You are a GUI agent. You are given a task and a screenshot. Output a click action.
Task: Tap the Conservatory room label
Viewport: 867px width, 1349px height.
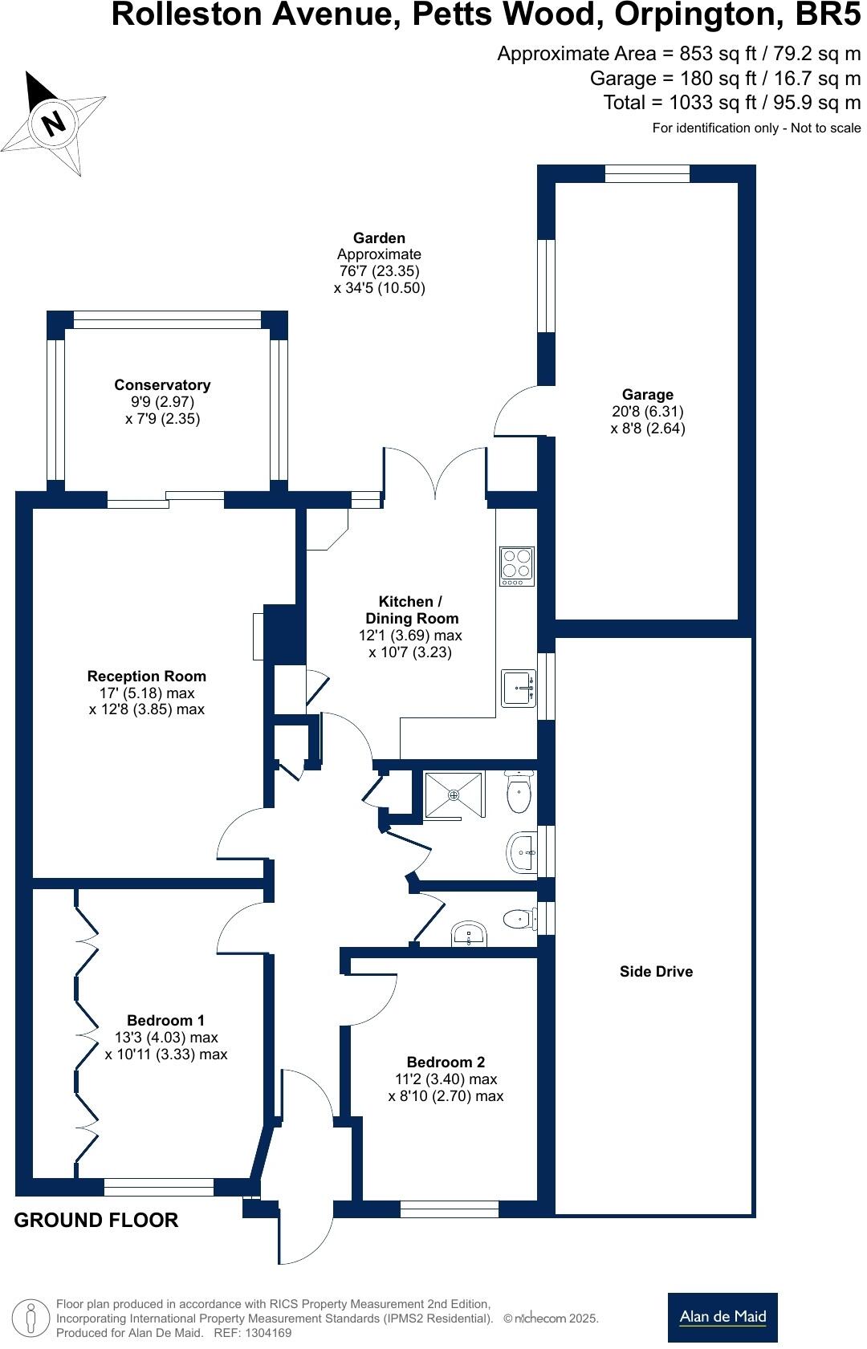click(x=162, y=385)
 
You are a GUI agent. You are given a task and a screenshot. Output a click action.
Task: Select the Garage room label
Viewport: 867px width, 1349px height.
click(x=648, y=395)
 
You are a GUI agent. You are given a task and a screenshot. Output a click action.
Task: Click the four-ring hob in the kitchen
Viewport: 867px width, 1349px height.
click(x=517, y=566)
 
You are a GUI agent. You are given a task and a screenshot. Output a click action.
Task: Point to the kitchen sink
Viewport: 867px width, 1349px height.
click(x=518, y=689)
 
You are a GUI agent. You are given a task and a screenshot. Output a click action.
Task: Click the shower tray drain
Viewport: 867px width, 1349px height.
click(x=454, y=795)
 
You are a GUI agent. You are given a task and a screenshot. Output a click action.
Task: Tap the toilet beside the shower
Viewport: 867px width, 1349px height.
click(x=519, y=791)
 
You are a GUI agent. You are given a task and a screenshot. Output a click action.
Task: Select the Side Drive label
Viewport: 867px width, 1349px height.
click(x=656, y=971)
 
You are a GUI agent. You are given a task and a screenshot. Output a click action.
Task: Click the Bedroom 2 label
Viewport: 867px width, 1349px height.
click(x=446, y=1062)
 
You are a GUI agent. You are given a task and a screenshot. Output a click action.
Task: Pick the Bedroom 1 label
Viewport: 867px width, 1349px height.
click(x=165, y=1020)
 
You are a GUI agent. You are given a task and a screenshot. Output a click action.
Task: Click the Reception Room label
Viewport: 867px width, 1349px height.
click(x=146, y=676)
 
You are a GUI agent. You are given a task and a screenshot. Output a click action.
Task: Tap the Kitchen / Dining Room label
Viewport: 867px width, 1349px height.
click(x=412, y=609)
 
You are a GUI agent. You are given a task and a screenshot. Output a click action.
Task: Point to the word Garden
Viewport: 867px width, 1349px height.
click(x=379, y=238)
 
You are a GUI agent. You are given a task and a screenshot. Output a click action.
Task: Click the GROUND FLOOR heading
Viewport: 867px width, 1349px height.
click(x=96, y=1220)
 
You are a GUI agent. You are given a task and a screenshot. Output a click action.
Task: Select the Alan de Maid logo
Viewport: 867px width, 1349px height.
click(x=722, y=1317)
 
